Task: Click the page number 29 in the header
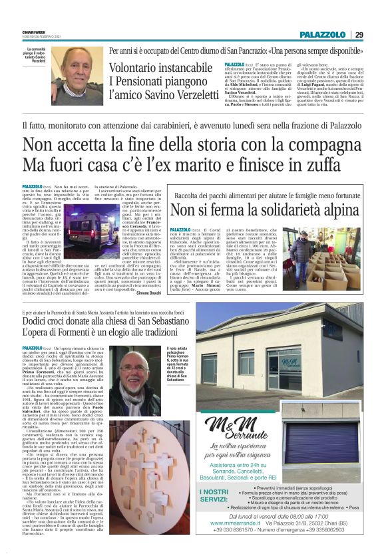[359, 35]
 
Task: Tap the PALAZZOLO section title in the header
[322, 35]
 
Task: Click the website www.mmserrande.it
[230, 542]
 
